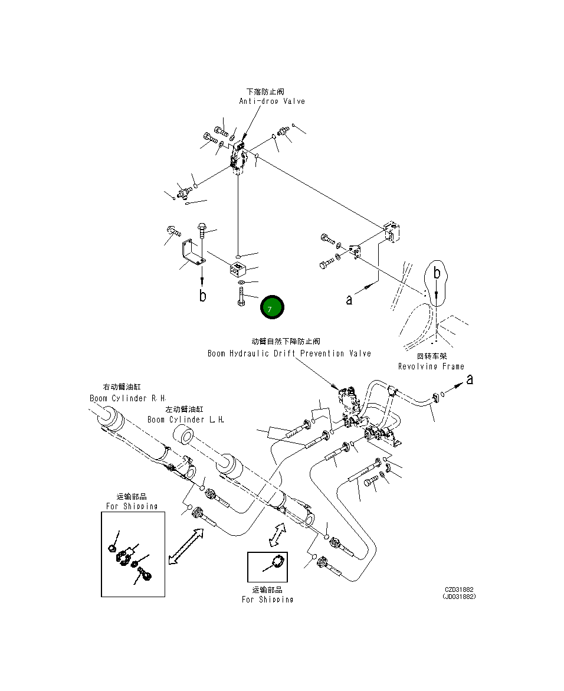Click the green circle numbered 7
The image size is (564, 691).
(x=272, y=307)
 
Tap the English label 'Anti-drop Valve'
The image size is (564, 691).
(x=272, y=101)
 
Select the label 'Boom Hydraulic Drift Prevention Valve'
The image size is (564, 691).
(x=289, y=353)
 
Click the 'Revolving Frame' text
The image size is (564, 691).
(x=431, y=366)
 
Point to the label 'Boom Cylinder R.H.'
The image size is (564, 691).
(x=128, y=398)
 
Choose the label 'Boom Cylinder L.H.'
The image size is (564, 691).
(x=185, y=420)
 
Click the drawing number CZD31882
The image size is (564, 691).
(x=459, y=590)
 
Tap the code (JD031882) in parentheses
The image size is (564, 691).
(x=459, y=597)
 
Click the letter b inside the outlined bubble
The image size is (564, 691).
(x=437, y=273)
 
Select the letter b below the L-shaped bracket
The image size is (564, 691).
(x=202, y=295)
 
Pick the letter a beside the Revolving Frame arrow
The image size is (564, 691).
(x=349, y=300)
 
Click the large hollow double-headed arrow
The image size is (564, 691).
(x=185, y=546)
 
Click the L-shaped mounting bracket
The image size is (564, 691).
(x=192, y=253)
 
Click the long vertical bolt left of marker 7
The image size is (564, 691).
(x=241, y=295)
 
